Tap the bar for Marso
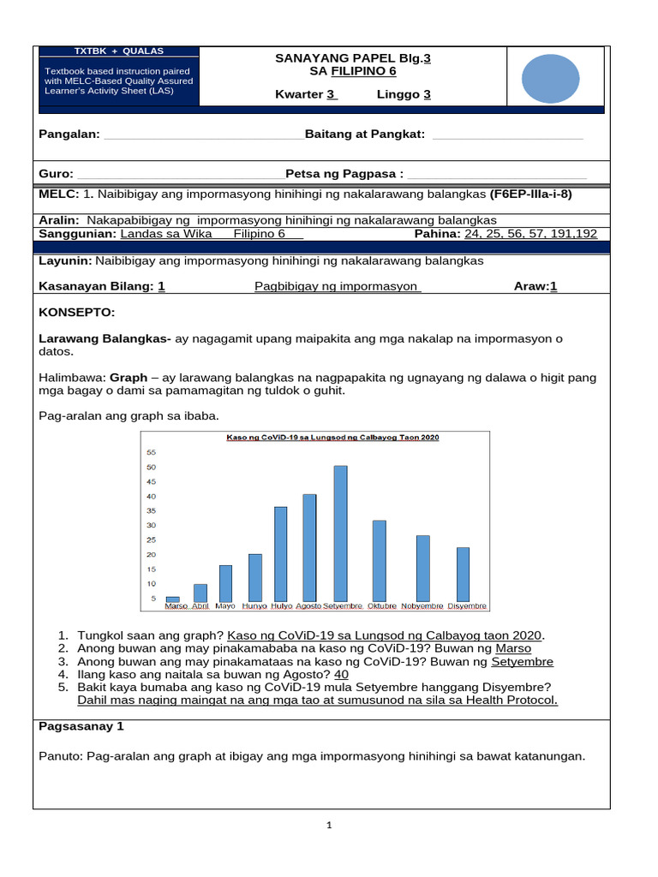point(173,599)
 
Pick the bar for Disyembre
point(463,574)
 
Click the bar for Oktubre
point(379,560)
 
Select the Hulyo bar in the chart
point(280,553)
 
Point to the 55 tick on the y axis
point(152,452)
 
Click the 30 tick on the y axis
point(152,526)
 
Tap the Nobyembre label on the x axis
point(422,606)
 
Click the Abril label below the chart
point(200,606)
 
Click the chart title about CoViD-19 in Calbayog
point(332,438)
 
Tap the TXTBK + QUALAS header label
point(119,51)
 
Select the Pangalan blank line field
point(202,134)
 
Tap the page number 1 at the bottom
point(328,826)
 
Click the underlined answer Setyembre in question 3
point(522,662)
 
